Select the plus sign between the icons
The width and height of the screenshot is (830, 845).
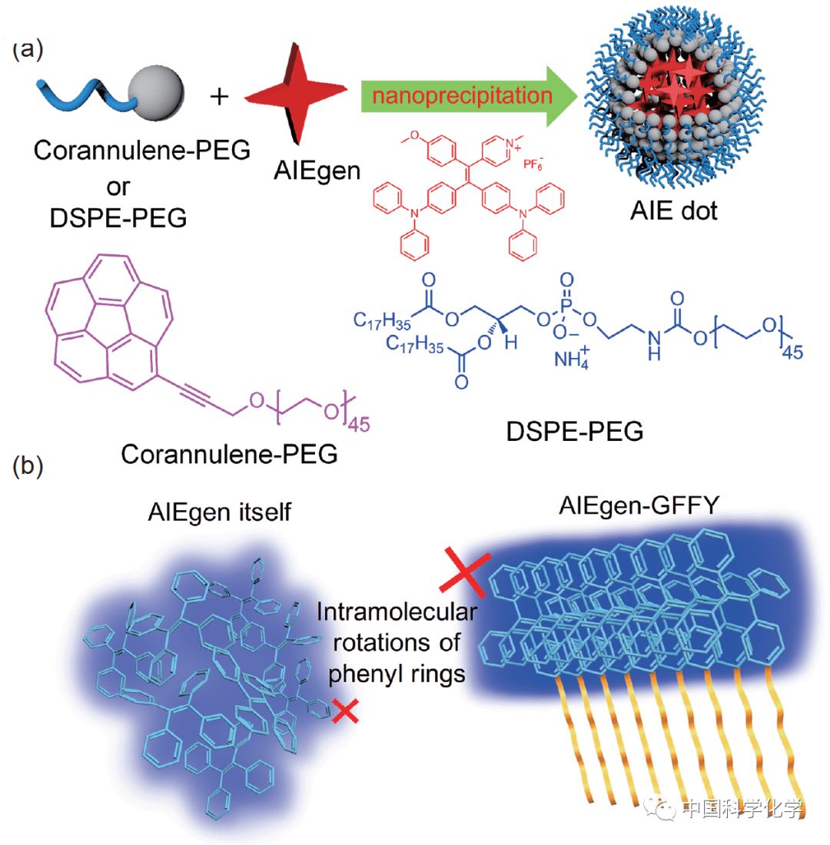click(219, 97)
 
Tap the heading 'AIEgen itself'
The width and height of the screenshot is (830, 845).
click(219, 511)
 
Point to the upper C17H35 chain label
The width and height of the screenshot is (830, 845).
click(384, 317)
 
